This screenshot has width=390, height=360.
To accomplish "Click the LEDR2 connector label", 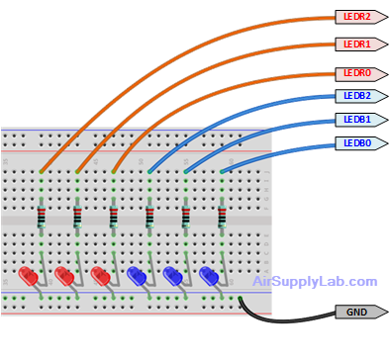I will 358,17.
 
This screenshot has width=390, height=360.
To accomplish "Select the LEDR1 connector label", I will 358,45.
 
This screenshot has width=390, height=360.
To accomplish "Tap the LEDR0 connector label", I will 358,74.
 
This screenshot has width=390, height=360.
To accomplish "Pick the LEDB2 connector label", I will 358,96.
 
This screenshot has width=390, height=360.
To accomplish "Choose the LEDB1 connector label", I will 358,120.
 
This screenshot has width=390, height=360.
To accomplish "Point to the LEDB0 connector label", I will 358,143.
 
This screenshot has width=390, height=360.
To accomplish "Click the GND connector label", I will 358,312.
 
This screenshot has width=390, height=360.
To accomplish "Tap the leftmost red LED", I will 28,276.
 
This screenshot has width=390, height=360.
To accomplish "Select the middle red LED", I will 64,276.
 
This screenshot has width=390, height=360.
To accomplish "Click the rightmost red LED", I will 100,276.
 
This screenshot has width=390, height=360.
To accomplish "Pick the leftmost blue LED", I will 137,276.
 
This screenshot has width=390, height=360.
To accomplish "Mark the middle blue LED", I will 172,276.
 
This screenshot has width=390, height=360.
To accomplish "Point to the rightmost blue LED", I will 208,276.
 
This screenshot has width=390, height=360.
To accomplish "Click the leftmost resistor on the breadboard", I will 42,216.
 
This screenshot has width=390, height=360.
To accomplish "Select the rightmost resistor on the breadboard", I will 222,216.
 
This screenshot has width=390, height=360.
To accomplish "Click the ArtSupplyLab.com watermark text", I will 315,282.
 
